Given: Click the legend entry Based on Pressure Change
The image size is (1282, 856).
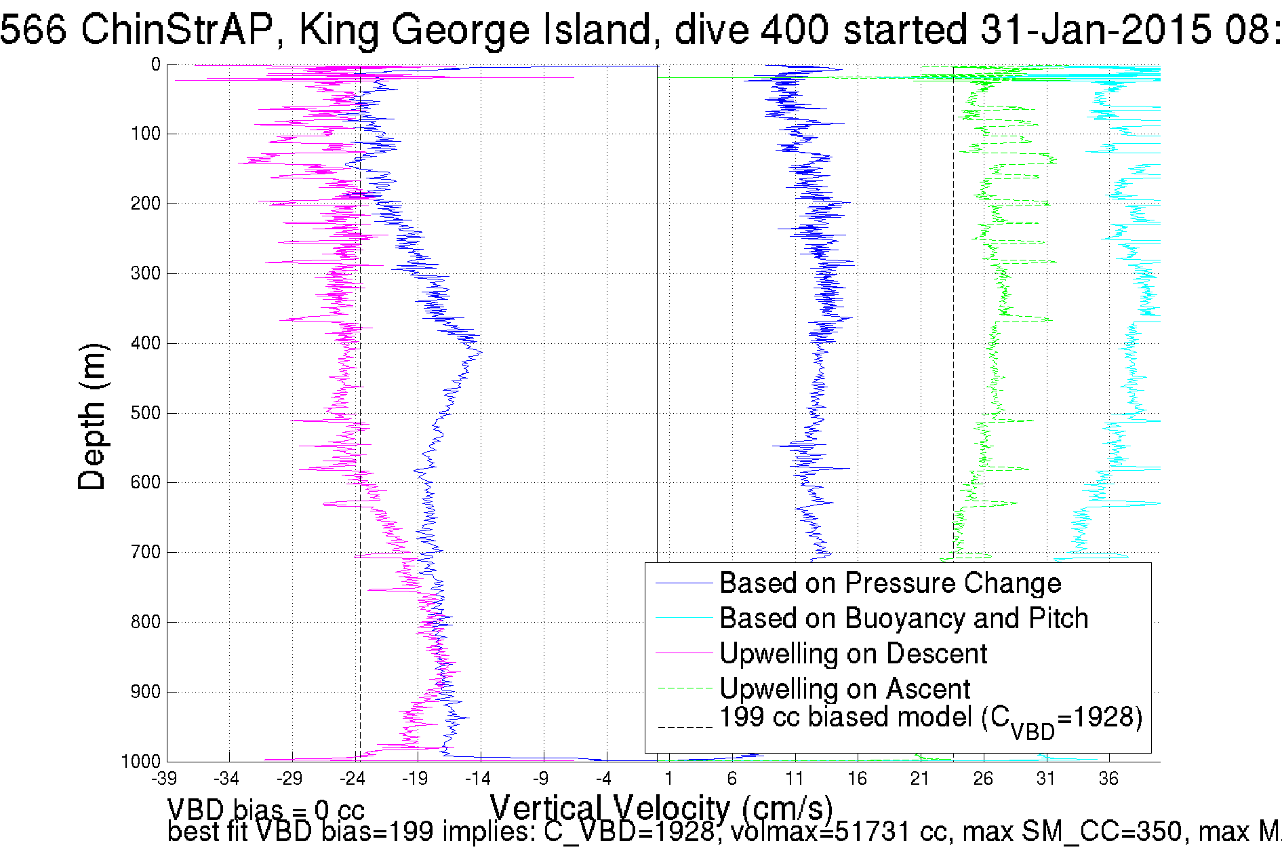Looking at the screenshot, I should coord(889,583).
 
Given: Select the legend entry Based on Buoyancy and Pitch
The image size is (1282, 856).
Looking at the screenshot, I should coord(903,619).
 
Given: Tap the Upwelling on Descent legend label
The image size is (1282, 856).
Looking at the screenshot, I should coord(852,654).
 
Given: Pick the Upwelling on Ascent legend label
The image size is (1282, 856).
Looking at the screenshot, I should coord(844,689).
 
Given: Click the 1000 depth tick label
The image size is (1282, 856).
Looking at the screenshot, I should coord(141,762).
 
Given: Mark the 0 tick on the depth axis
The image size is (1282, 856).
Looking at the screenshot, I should coord(155,65).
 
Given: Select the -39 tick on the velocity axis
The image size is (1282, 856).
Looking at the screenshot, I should coord(164,779).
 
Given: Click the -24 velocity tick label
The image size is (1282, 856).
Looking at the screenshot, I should coord(353,779).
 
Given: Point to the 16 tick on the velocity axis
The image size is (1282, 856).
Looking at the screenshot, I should coord(857,779).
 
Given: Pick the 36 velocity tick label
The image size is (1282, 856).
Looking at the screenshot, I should coord(1108,779).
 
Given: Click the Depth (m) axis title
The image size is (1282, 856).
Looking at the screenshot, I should coord(92,417).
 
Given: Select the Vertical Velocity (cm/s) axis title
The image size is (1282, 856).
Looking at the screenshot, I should coord(661,809).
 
